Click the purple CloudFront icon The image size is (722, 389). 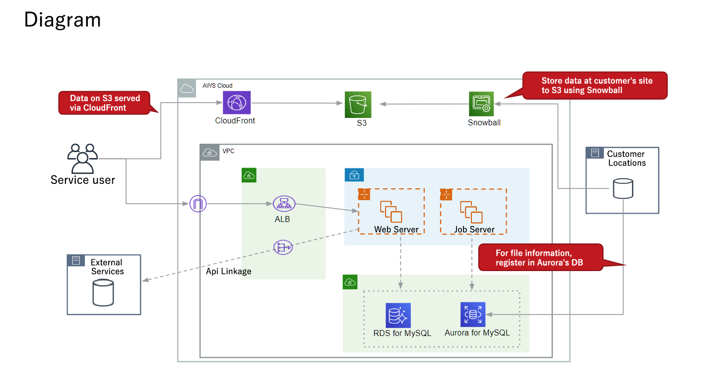coord(237,103)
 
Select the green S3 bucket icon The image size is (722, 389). coord(358,104)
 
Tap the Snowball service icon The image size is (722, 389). coord(481,104)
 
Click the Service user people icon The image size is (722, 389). coord(82,158)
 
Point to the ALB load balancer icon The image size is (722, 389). coord(284,203)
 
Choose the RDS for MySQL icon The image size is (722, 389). coord(398,315)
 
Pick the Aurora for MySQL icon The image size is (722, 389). coord(473,315)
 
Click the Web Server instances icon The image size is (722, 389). coord(391,212)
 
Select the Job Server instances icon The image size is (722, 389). coord(471,212)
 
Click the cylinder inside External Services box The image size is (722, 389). coord(103,292)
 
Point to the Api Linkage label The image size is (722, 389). coord(229,271)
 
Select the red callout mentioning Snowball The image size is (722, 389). coord(595,85)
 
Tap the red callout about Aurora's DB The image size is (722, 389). coord(540,258)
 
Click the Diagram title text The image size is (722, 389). coord(63,20)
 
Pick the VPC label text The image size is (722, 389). coord(228,151)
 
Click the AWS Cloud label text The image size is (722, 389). coord(217,86)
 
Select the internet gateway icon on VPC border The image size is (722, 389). coord(197,203)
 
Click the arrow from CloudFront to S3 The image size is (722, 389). coord(298,103)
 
